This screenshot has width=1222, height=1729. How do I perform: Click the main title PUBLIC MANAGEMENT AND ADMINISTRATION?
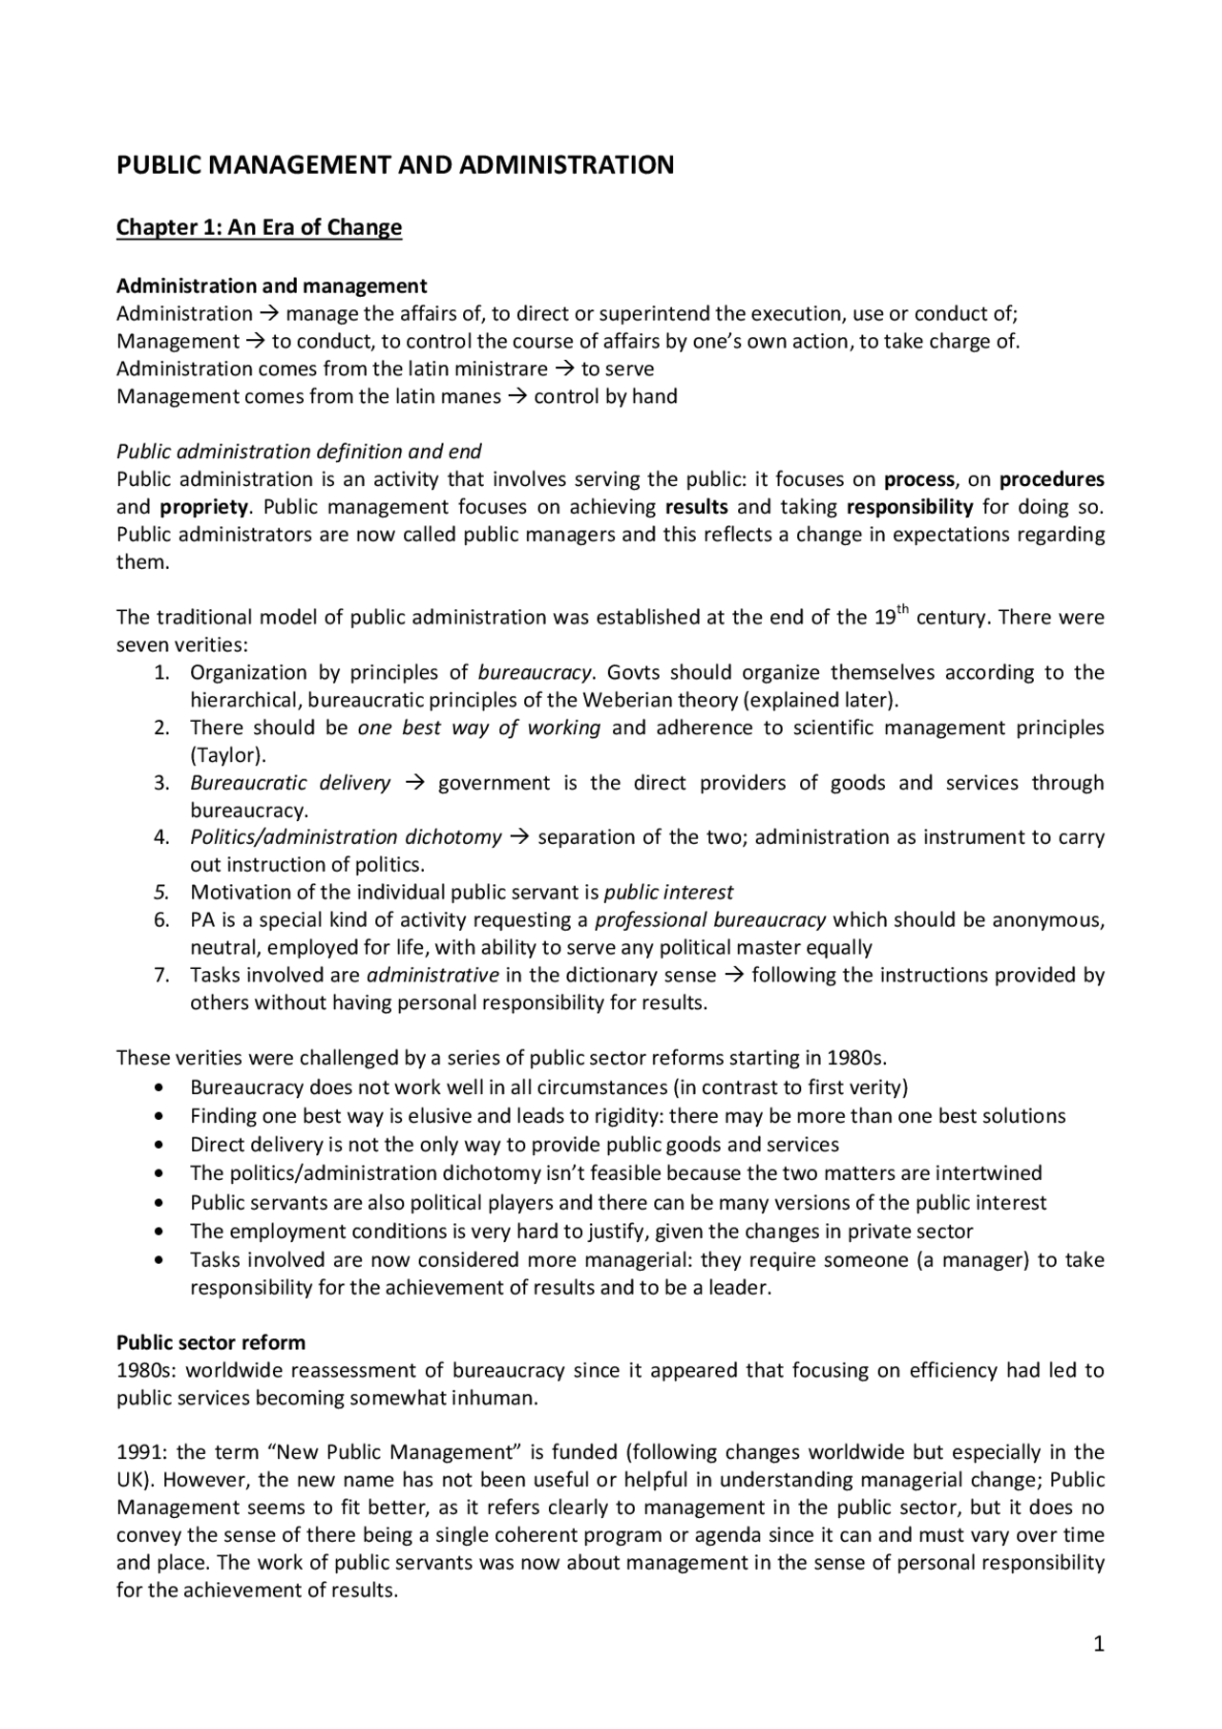[x=395, y=165]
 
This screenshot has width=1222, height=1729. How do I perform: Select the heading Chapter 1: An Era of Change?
[x=259, y=227]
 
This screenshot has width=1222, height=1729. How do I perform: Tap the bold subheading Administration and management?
[x=271, y=285]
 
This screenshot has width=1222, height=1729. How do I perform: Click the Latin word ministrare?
[x=502, y=369]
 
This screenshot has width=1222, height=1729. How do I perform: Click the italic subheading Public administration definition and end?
[x=299, y=451]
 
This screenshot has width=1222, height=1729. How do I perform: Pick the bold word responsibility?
[x=910, y=506]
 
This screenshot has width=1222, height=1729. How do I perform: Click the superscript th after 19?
[x=902, y=610]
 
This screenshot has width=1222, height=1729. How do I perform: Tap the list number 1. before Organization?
[x=162, y=672]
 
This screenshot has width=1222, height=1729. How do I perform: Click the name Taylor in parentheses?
[x=226, y=755]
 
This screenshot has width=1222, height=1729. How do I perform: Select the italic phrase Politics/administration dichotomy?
[x=346, y=837]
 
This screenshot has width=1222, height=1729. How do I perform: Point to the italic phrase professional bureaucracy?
[x=710, y=920]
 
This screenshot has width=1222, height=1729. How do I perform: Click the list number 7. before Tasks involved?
[x=162, y=975]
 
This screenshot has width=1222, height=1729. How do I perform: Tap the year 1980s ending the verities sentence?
[x=858, y=1058]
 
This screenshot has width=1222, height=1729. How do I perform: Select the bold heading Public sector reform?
[x=211, y=1342]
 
